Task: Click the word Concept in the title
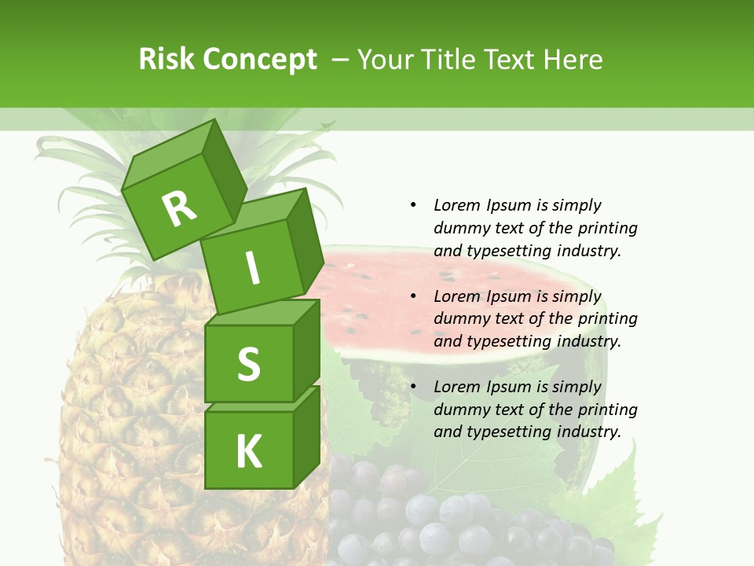click(260, 60)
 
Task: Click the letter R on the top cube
click(179, 208)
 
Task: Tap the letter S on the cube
click(248, 364)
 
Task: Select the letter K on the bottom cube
click(248, 451)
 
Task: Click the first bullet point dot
click(413, 205)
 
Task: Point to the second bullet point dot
click(413, 296)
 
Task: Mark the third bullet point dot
click(413, 387)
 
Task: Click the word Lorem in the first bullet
click(456, 205)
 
